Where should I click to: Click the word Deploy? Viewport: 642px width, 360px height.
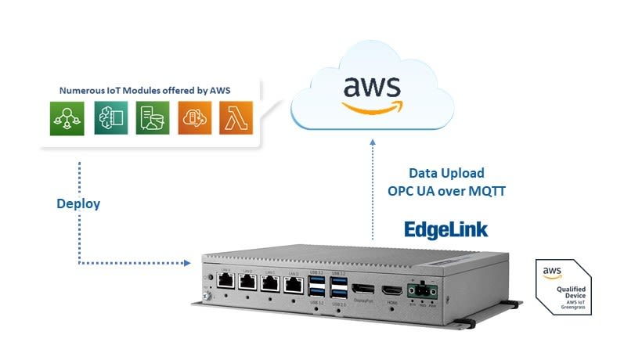pyautogui.click(x=78, y=204)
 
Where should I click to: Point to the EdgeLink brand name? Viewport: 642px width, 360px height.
pyautogui.click(x=445, y=229)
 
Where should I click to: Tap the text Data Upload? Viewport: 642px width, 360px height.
pyautogui.click(x=446, y=173)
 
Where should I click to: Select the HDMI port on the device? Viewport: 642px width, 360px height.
pyautogui.click(x=391, y=291)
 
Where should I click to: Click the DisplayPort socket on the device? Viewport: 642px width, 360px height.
pyautogui.click(x=362, y=290)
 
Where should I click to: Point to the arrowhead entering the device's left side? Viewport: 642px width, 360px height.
pyautogui.click(x=188, y=263)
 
